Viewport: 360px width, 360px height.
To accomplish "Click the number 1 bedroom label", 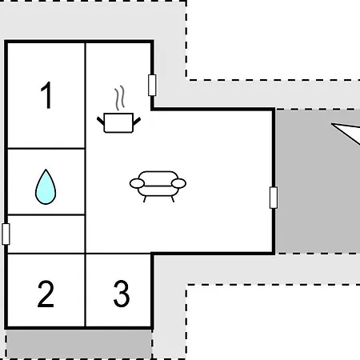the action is click(x=46, y=95).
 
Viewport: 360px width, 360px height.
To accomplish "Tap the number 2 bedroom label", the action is click(x=46, y=294).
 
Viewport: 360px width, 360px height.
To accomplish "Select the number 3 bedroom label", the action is click(x=122, y=294).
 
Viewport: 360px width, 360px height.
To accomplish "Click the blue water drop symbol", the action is click(x=46, y=186).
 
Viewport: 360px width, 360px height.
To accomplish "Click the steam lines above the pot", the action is click(x=120, y=98).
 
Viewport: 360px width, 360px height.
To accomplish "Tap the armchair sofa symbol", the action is click(x=158, y=186).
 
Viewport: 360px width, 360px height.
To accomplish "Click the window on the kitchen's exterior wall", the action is click(x=152, y=86).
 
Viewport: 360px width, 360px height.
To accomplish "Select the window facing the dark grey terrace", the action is click(x=274, y=198).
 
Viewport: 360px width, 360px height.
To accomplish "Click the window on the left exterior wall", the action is click(x=6, y=234).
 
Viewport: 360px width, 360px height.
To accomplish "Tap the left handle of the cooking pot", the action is click(x=101, y=121).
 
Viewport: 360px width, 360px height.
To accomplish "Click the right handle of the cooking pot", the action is click(x=137, y=121).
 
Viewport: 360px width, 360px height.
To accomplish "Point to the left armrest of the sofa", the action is click(x=137, y=183).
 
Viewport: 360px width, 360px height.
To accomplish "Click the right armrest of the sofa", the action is click(x=178, y=183).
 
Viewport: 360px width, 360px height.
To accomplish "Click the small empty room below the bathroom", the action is click(x=46, y=234).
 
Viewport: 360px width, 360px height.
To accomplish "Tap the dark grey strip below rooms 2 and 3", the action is click(x=78, y=344).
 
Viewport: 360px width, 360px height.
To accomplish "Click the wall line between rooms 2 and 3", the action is click(x=86, y=290).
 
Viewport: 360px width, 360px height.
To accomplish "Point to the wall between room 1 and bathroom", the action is click(x=46, y=148).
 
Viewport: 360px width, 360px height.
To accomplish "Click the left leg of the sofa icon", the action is click(x=145, y=199).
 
